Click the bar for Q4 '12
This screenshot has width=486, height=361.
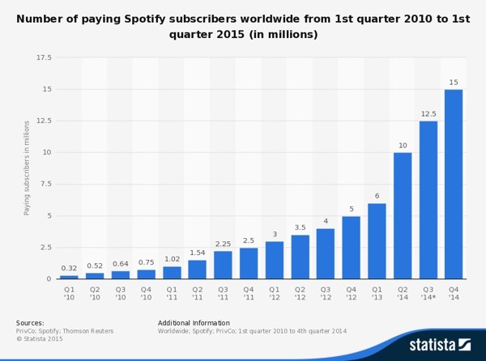351,248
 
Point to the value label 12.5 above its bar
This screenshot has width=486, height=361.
428,113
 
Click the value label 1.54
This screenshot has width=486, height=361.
197,253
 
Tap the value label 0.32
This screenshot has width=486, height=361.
69,268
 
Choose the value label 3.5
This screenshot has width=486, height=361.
300,227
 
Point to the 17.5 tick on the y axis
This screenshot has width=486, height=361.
43,58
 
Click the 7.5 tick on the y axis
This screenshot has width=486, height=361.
45,184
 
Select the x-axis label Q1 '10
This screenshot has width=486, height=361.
69,292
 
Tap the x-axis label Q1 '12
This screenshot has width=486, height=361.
274,292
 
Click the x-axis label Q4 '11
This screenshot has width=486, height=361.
249,292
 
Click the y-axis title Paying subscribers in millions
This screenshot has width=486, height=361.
27,168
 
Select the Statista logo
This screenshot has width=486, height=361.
440,344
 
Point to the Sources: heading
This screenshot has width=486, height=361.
30,323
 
